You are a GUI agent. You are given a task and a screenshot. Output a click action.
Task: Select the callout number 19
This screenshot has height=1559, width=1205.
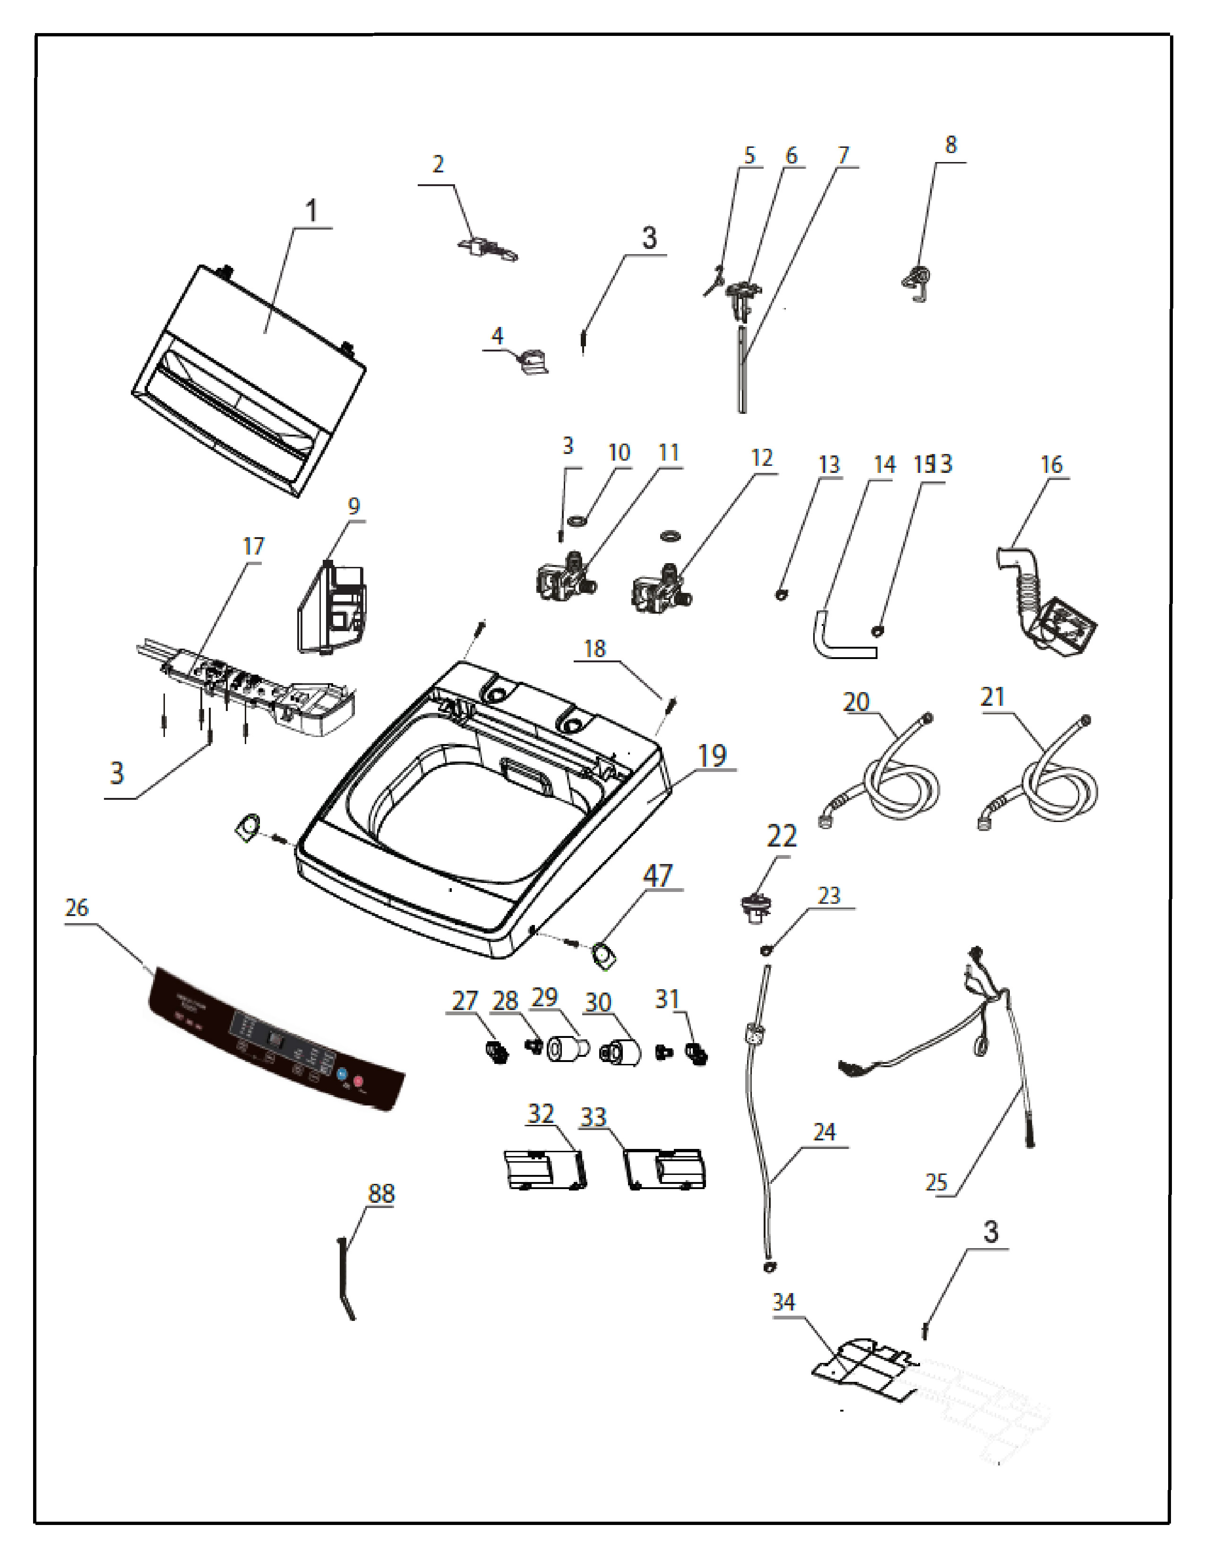click(x=712, y=755)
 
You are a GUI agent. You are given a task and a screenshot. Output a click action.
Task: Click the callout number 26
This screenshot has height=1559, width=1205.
click(x=77, y=908)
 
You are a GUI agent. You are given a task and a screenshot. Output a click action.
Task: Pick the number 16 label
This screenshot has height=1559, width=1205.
click(x=1051, y=465)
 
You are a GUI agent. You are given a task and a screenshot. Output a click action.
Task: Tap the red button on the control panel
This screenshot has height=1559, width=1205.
click(x=358, y=1081)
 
